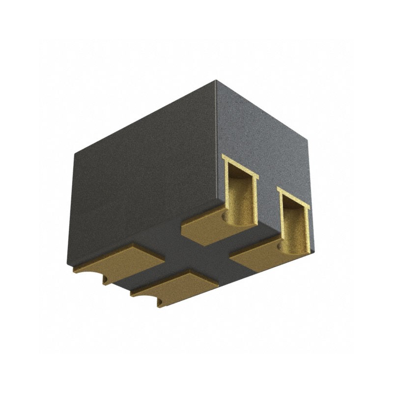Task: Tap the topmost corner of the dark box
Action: tap(216, 82)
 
